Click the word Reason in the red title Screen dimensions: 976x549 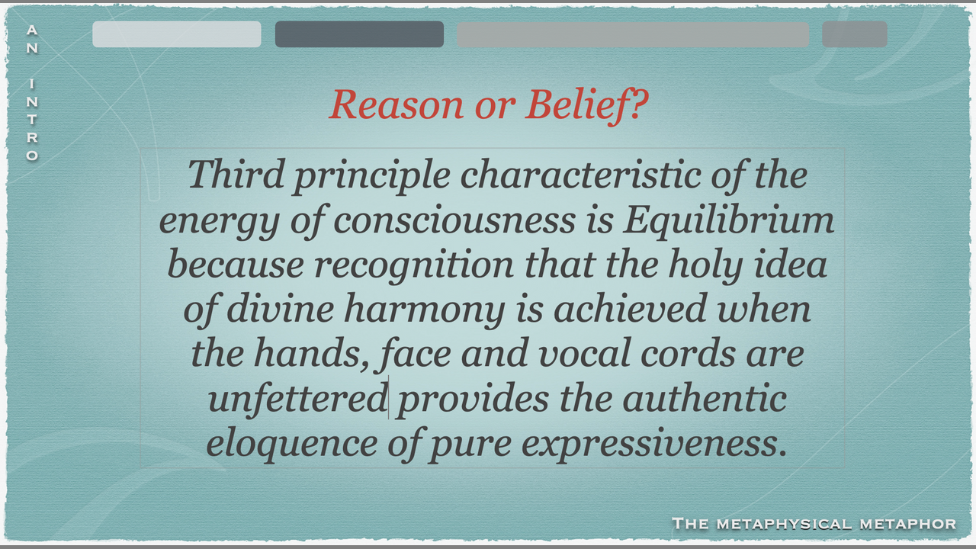(x=396, y=104)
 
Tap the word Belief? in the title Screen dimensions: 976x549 (x=587, y=106)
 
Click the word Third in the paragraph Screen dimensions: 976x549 (x=236, y=174)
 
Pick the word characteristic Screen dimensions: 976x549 (x=580, y=175)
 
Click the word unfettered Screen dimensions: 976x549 (x=298, y=399)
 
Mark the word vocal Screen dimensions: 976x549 (x=584, y=354)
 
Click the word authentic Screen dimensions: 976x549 (x=705, y=399)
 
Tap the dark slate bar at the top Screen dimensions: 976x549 (x=359, y=34)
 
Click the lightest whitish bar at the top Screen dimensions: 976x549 (x=177, y=34)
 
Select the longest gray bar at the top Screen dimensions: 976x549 (x=633, y=34)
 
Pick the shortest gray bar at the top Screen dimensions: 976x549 (x=855, y=34)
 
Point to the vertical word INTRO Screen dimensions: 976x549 (x=32, y=120)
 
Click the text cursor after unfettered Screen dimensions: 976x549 (x=388, y=397)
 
